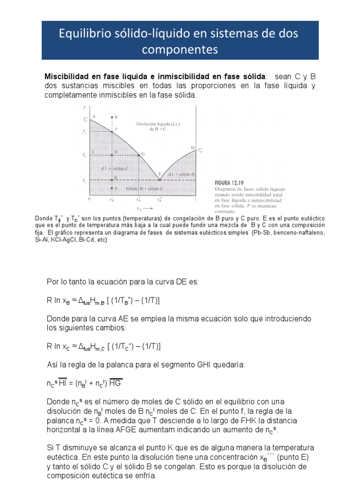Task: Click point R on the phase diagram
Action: pos(112,117)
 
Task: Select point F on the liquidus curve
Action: pos(112,132)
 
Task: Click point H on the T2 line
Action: pos(112,155)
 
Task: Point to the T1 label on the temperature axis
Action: pos(84,133)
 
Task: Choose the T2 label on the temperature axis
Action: pos(84,155)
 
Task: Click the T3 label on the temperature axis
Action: pos(84,180)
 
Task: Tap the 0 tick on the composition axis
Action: pos(90,199)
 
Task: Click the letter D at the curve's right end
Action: pos(192,148)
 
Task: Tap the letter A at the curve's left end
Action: pos(94,116)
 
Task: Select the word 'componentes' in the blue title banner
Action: pos(180,48)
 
